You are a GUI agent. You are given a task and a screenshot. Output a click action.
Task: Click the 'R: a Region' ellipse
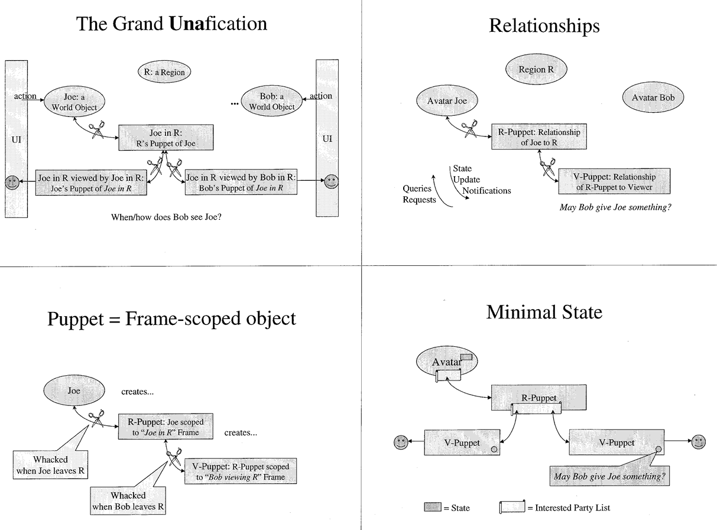[164, 71]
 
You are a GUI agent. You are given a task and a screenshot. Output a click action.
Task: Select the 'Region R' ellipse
[536, 69]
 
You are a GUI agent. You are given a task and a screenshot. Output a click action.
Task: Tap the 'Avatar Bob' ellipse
[653, 97]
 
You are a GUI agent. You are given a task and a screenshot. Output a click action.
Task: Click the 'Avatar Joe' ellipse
[447, 100]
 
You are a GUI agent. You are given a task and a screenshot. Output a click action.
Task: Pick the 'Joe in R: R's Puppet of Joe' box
[166, 138]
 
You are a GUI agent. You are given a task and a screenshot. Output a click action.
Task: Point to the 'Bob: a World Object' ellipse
[271, 101]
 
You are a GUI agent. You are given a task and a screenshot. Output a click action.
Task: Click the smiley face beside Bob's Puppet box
[332, 181]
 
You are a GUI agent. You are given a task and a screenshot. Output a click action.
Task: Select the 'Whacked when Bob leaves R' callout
[128, 500]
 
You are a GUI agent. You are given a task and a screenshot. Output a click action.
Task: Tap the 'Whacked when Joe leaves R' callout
[50, 465]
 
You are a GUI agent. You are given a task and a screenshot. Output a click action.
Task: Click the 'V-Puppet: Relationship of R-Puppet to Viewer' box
[614, 181]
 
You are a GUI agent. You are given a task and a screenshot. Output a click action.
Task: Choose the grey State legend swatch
[433, 507]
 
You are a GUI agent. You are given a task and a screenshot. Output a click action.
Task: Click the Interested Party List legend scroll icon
[512, 507]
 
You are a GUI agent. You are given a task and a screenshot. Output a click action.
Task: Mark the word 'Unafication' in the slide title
[218, 23]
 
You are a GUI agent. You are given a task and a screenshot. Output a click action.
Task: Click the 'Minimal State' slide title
[544, 312]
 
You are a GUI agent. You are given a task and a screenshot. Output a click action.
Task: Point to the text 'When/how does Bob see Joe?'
[166, 217]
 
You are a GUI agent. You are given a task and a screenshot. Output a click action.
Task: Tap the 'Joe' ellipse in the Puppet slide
[74, 391]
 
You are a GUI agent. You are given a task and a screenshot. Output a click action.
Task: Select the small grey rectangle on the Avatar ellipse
[466, 357]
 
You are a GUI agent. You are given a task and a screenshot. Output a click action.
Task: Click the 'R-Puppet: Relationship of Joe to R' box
[539, 136]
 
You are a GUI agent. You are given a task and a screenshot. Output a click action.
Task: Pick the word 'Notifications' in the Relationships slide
[486, 191]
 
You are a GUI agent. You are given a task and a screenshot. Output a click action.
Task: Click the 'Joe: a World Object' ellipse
[74, 102]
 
